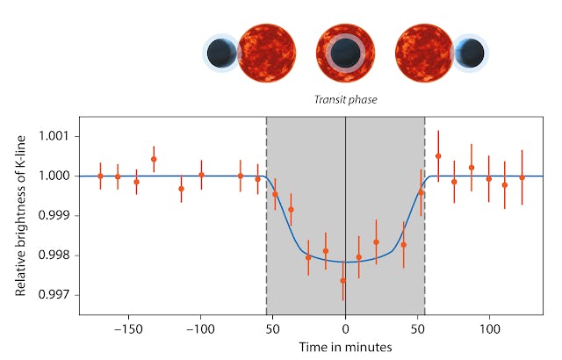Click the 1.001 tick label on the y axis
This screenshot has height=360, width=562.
(55, 136)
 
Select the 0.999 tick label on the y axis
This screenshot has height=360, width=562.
(55, 215)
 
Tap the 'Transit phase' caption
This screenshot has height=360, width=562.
(346, 99)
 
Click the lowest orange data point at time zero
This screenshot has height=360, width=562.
(343, 281)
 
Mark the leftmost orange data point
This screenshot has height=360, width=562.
(100, 176)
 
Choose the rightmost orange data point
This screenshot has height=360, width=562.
(522, 177)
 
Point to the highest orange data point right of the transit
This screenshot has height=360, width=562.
(438, 156)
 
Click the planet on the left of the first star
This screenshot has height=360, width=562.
(220, 54)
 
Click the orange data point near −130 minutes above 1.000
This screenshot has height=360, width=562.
(154, 159)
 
